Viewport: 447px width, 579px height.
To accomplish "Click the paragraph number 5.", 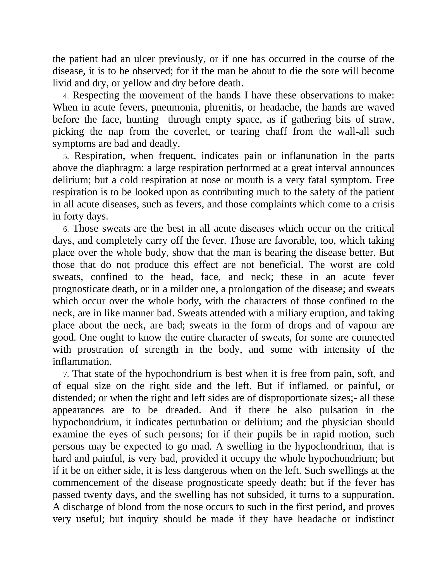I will click(66, 157).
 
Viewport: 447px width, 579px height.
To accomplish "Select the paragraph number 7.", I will click(66, 374).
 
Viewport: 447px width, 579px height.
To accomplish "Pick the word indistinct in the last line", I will click(375, 519).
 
